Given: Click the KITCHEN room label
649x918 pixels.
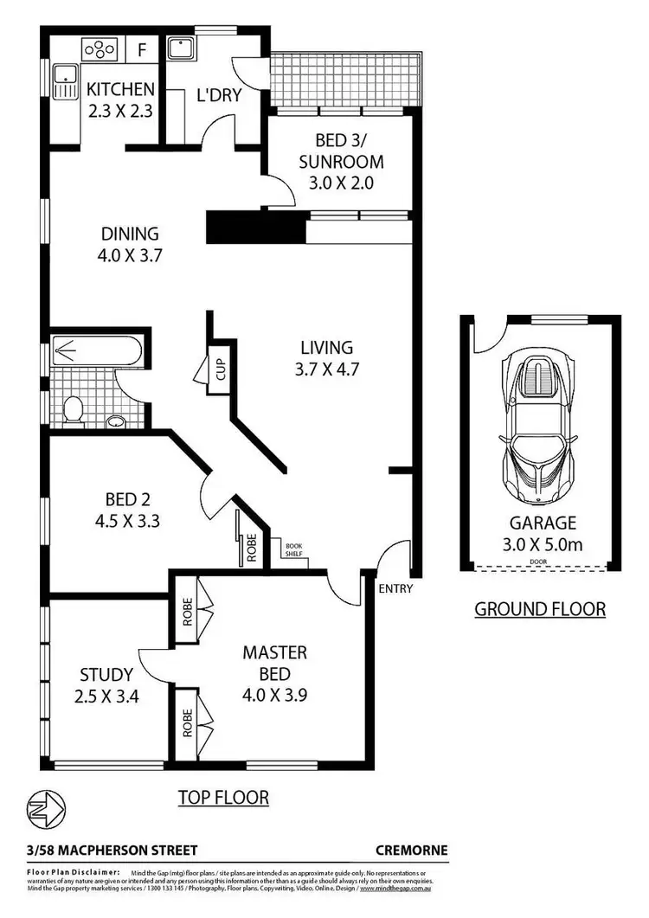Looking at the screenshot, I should pos(120,89).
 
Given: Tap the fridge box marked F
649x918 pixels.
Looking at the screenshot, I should pos(142,49).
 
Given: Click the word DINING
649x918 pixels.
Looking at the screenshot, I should pos(130,234).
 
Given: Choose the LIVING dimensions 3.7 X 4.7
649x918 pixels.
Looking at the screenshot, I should pos(326,369).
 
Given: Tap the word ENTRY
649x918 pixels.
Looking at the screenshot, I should pos(395,589).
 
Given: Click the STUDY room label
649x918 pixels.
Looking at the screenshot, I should pos(106,674).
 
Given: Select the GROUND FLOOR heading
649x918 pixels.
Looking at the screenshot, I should pos(540,609).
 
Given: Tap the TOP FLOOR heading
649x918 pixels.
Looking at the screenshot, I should pos(223,797).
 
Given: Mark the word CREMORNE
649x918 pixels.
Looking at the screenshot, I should pos(412,850).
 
